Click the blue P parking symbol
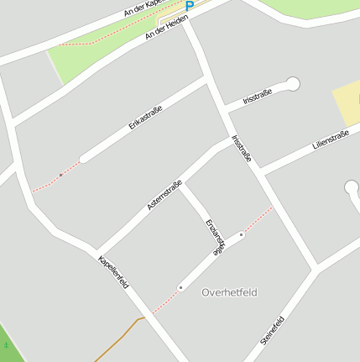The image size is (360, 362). [x=190, y=6]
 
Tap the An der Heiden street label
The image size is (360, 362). [x=165, y=28]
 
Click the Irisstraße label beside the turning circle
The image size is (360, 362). [x=257, y=97]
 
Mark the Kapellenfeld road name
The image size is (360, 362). [x=113, y=270]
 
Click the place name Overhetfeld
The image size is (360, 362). [x=229, y=292]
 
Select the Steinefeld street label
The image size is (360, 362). [x=273, y=330]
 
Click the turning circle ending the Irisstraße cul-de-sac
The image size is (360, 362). [x=293, y=83]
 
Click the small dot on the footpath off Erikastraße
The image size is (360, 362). [x=60, y=175]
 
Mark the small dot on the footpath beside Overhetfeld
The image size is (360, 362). [x=180, y=288]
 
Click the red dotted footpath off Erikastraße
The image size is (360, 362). [x=46, y=184]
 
